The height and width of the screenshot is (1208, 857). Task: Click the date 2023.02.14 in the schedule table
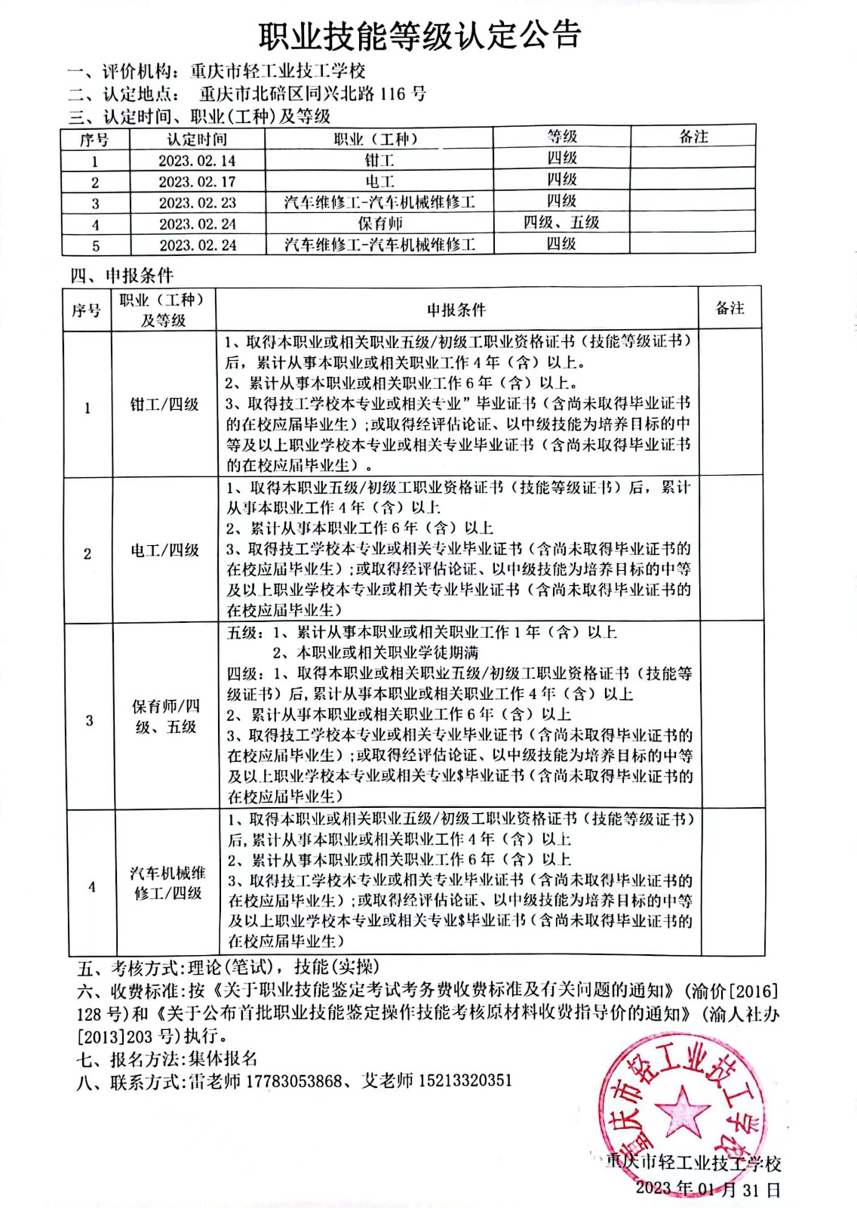coord(197,161)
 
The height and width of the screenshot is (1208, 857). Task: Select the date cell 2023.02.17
coord(197,182)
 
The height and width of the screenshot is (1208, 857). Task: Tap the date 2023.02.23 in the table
coord(197,203)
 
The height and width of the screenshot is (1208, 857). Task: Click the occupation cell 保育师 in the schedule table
coord(380,223)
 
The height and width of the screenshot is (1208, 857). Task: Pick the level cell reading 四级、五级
coord(561,223)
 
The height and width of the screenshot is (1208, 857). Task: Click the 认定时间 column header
coord(197,139)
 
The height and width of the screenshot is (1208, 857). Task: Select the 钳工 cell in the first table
coord(379,160)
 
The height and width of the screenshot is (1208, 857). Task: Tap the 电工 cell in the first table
coord(379,181)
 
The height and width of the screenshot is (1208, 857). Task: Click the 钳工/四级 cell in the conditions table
coord(164,405)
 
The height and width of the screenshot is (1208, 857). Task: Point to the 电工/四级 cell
coord(164,550)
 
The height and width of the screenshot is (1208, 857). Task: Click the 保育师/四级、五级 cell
coord(166,716)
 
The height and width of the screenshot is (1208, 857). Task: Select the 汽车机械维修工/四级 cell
coord(167,883)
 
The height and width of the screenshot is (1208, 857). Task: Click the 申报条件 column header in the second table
coord(456,310)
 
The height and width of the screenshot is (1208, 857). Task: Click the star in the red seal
coord(683,1110)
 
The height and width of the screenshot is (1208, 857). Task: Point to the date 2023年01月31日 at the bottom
coord(708,1189)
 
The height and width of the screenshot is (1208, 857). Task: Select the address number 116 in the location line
coord(392,94)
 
